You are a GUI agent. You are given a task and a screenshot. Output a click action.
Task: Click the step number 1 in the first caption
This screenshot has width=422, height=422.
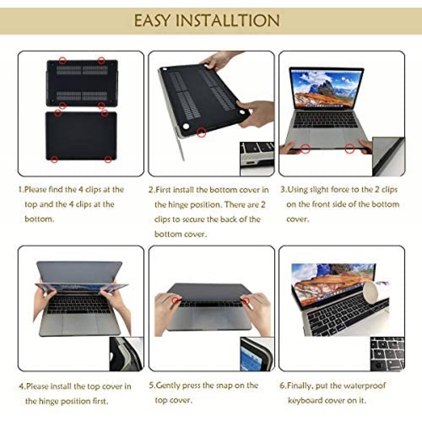coord(20,190)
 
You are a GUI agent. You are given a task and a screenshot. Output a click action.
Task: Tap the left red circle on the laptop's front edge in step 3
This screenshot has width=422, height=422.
coord(305,149)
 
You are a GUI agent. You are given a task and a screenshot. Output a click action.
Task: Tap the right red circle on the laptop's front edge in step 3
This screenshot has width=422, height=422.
coord(350,149)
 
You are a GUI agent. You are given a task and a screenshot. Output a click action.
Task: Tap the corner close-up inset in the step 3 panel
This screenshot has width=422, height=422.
coord(388,157)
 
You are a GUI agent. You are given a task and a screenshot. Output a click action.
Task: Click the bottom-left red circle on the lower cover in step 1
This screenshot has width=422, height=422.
coord(54,159)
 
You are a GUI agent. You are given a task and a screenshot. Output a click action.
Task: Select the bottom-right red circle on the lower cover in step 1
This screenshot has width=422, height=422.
coord(108,159)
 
